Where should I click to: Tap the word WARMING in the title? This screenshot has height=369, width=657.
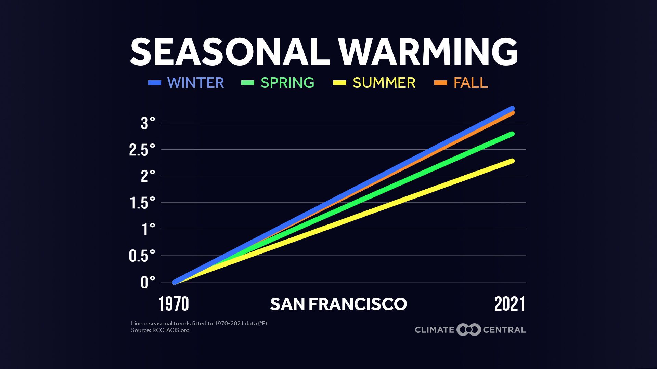(428, 52)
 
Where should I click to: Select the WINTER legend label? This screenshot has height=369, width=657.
(195, 83)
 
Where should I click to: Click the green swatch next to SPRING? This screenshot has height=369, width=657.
(248, 83)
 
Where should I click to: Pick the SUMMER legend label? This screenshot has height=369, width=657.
(384, 83)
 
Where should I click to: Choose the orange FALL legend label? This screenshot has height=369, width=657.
(471, 83)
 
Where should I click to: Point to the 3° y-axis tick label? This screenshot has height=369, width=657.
(148, 123)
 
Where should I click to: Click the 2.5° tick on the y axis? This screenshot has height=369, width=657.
(142, 150)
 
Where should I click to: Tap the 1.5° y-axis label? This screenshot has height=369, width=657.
(142, 203)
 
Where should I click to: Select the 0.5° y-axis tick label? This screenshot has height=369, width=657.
(142, 256)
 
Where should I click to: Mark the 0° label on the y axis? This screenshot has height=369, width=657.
(148, 283)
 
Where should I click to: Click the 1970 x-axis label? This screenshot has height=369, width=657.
(174, 304)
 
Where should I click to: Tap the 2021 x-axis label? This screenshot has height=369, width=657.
(510, 304)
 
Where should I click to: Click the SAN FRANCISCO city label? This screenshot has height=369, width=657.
(338, 304)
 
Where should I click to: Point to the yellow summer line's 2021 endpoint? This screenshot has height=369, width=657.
(512, 161)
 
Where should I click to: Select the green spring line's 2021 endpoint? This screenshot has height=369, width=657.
(512, 134)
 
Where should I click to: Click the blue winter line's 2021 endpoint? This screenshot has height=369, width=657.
(512, 109)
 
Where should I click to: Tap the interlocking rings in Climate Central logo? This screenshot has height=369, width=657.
(468, 330)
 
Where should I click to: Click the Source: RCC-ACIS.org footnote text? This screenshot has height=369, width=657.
(160, 330)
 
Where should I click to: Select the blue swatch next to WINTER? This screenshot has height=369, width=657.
(154, 83)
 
